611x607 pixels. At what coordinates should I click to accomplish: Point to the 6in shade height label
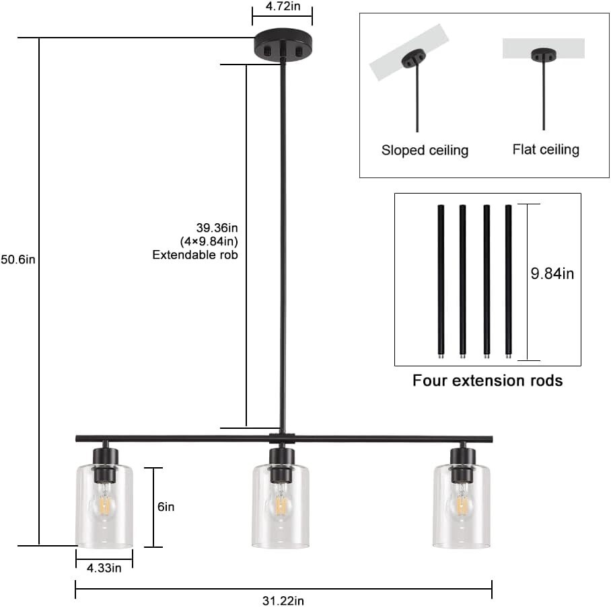tap(166, 507)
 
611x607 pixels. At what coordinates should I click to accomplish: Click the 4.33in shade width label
tap(104, 568)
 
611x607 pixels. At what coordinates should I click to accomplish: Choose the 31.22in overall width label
tap(283, 600)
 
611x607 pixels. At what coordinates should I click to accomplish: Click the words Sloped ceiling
tap(425, 150)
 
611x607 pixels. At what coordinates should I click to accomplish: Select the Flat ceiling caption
tap(545, 149)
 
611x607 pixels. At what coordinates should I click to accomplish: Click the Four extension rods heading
tap(487, 380)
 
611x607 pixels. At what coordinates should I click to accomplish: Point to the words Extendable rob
tap(194, 255)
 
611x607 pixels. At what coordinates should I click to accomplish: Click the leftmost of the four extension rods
tap(441, 280)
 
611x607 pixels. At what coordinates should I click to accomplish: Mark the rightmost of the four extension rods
tap(509, 280)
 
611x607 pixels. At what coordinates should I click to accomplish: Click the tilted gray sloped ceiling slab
tap(408, 51)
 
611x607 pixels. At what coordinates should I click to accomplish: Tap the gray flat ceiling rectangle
tap(543, 48)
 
